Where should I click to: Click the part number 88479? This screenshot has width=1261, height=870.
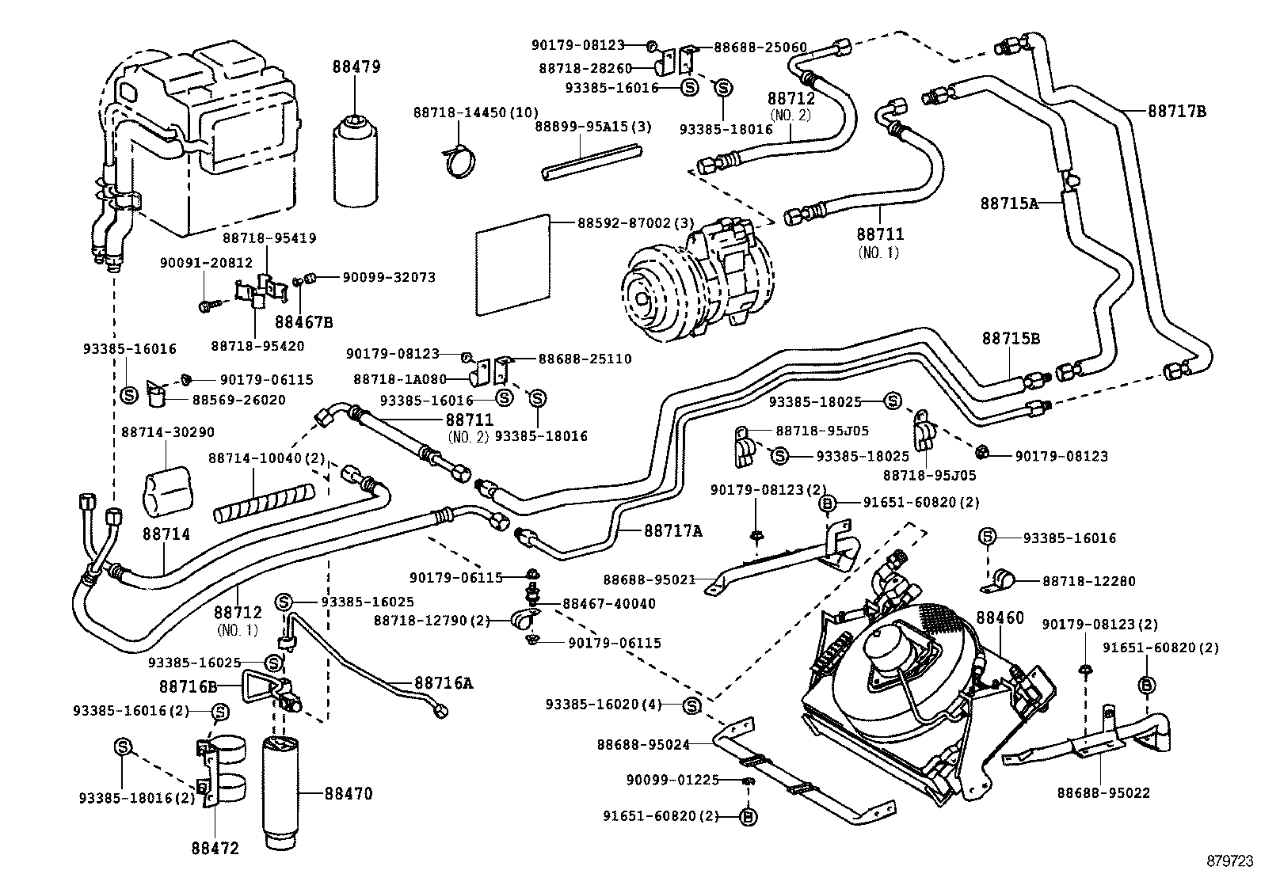coord(356,66)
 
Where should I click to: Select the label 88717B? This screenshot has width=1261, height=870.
coord(1176,112)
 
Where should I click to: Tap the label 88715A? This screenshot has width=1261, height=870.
coord(1008,203)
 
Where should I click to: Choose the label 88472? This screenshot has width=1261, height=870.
coord(214,849)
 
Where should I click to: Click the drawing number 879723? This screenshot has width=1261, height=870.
coord(1230,859)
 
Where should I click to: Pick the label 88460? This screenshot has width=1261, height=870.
coord(1000,618)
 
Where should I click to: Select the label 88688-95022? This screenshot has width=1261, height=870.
coord(1103,792)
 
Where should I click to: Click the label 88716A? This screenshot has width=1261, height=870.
coord(443,682)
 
